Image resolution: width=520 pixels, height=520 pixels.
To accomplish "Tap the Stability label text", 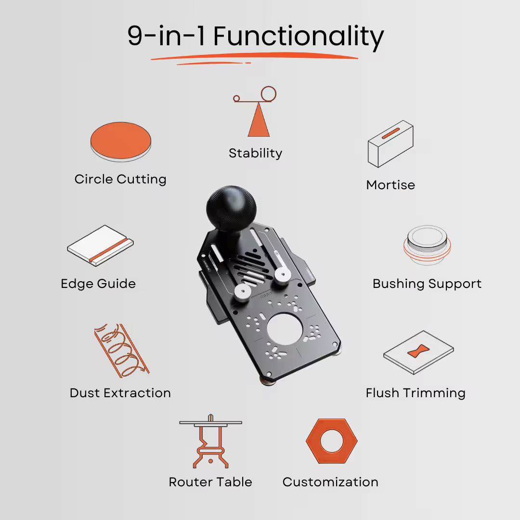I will tap(255, 153).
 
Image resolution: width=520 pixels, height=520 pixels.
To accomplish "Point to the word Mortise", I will tap(390, 185).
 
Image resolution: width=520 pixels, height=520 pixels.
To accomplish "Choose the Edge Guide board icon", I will tap(100, 246).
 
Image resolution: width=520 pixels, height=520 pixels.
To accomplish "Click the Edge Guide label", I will tap(98, 284).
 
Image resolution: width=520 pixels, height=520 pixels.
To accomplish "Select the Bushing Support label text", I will tap(427, 284).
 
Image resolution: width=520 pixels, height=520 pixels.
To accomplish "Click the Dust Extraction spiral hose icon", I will tap(120, 351).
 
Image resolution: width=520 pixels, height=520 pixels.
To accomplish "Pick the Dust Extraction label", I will tap(120, 393).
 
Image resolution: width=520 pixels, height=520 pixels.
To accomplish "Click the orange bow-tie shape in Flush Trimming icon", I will tap(419, 351).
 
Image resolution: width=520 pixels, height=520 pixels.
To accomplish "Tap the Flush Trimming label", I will tap(416, 393).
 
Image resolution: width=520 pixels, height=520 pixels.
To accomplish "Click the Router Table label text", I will tap(210, 482).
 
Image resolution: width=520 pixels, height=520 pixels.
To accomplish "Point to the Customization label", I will tap(330, 482).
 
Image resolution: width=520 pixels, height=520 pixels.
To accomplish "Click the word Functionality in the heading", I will tap(299, 37).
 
